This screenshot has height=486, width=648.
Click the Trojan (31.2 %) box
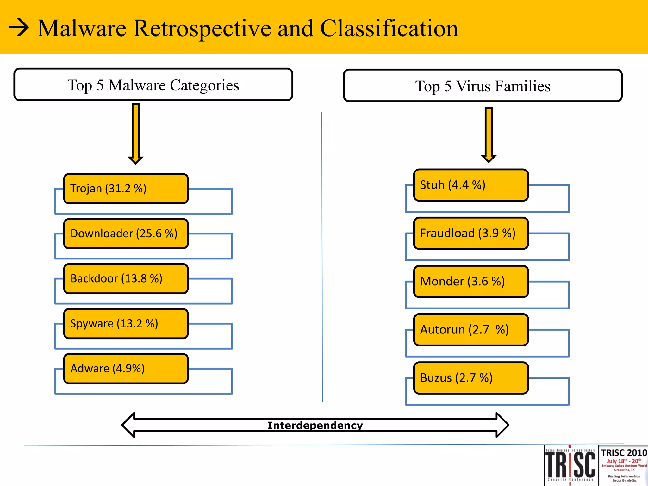coord(126,189)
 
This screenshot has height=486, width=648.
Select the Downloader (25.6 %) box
coord(126,234)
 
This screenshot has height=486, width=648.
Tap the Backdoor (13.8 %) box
coord(126,278)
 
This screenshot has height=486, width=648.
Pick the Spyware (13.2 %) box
coord(126,323)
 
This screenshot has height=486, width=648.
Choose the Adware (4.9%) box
coord(126,369)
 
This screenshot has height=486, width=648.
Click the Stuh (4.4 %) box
coord(471,185)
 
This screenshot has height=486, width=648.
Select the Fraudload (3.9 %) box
coord(471,233)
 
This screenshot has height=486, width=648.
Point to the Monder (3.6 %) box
coord(471,281)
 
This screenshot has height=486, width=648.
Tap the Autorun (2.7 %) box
coord(471,330)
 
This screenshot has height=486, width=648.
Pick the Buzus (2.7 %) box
coord(471,378)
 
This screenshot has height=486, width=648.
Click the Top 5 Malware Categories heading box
coord(153,85)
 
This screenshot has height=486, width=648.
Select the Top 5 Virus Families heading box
coord(483,86)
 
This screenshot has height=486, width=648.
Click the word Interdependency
coord(315,425)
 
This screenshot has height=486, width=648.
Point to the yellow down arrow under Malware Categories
coord(136,133)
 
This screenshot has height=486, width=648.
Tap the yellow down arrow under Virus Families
coord(489,134)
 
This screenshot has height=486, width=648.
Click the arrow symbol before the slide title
coord(19,28)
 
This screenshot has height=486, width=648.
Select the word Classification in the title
coord(389,28)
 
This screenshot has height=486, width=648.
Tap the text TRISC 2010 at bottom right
coord(624,453)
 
